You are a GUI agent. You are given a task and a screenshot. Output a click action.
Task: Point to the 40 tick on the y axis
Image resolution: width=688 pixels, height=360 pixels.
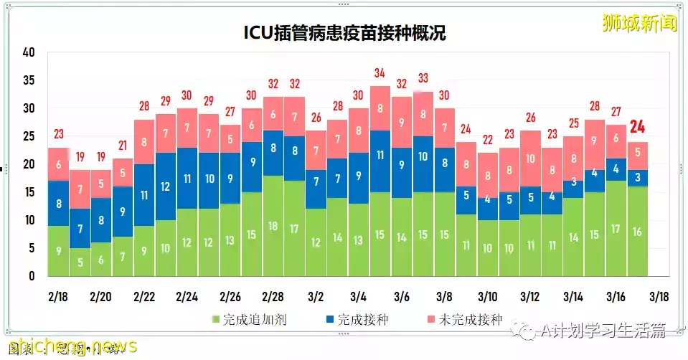click(29, 52)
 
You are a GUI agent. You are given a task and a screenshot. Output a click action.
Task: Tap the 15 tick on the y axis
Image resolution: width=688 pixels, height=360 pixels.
click(29, 192)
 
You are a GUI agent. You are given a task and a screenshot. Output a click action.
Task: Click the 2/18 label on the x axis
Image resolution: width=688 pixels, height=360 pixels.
click(58, 297)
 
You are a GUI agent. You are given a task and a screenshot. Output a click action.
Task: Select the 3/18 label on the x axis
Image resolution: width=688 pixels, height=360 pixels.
click(659, 297)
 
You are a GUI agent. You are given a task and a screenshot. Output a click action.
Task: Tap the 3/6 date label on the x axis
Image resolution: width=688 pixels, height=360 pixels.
click(402, 297)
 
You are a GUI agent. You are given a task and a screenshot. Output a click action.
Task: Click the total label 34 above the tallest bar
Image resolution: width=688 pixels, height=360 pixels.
click(380, 73)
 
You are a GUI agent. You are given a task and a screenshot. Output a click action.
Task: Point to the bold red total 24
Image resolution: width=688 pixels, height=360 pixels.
click(638, 128)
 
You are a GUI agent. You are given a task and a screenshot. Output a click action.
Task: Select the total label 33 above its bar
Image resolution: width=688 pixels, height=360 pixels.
click(423, 78)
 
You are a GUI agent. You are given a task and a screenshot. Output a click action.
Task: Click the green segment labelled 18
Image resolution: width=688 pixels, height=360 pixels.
click(273, 225)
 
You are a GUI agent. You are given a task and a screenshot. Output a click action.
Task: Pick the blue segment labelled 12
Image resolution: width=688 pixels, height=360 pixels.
click(166, 186)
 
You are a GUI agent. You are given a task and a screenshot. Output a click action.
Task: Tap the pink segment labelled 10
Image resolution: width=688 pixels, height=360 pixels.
click(530, 158)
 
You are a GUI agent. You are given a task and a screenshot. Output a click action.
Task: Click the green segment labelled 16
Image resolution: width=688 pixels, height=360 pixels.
click(638, 231)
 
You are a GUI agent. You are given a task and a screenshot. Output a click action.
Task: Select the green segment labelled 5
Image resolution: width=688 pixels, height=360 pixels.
click(80, 262)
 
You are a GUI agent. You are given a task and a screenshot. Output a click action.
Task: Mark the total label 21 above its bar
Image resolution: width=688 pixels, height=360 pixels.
click(123, 146)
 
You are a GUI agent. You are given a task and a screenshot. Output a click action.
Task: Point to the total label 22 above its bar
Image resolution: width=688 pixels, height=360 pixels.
click(487, 140)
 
